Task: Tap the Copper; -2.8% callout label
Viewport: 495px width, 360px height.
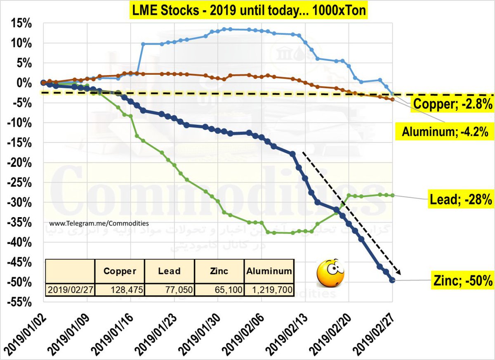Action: click(453, 105)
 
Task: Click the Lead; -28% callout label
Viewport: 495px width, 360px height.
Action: click(459, 200)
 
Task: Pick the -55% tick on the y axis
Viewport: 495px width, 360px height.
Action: click(19, 302)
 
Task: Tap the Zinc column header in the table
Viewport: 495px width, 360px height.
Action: click(219, 271)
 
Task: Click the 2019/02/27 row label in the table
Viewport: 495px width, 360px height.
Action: click(70, 290)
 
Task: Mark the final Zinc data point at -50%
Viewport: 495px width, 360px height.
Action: click(392, 280)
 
